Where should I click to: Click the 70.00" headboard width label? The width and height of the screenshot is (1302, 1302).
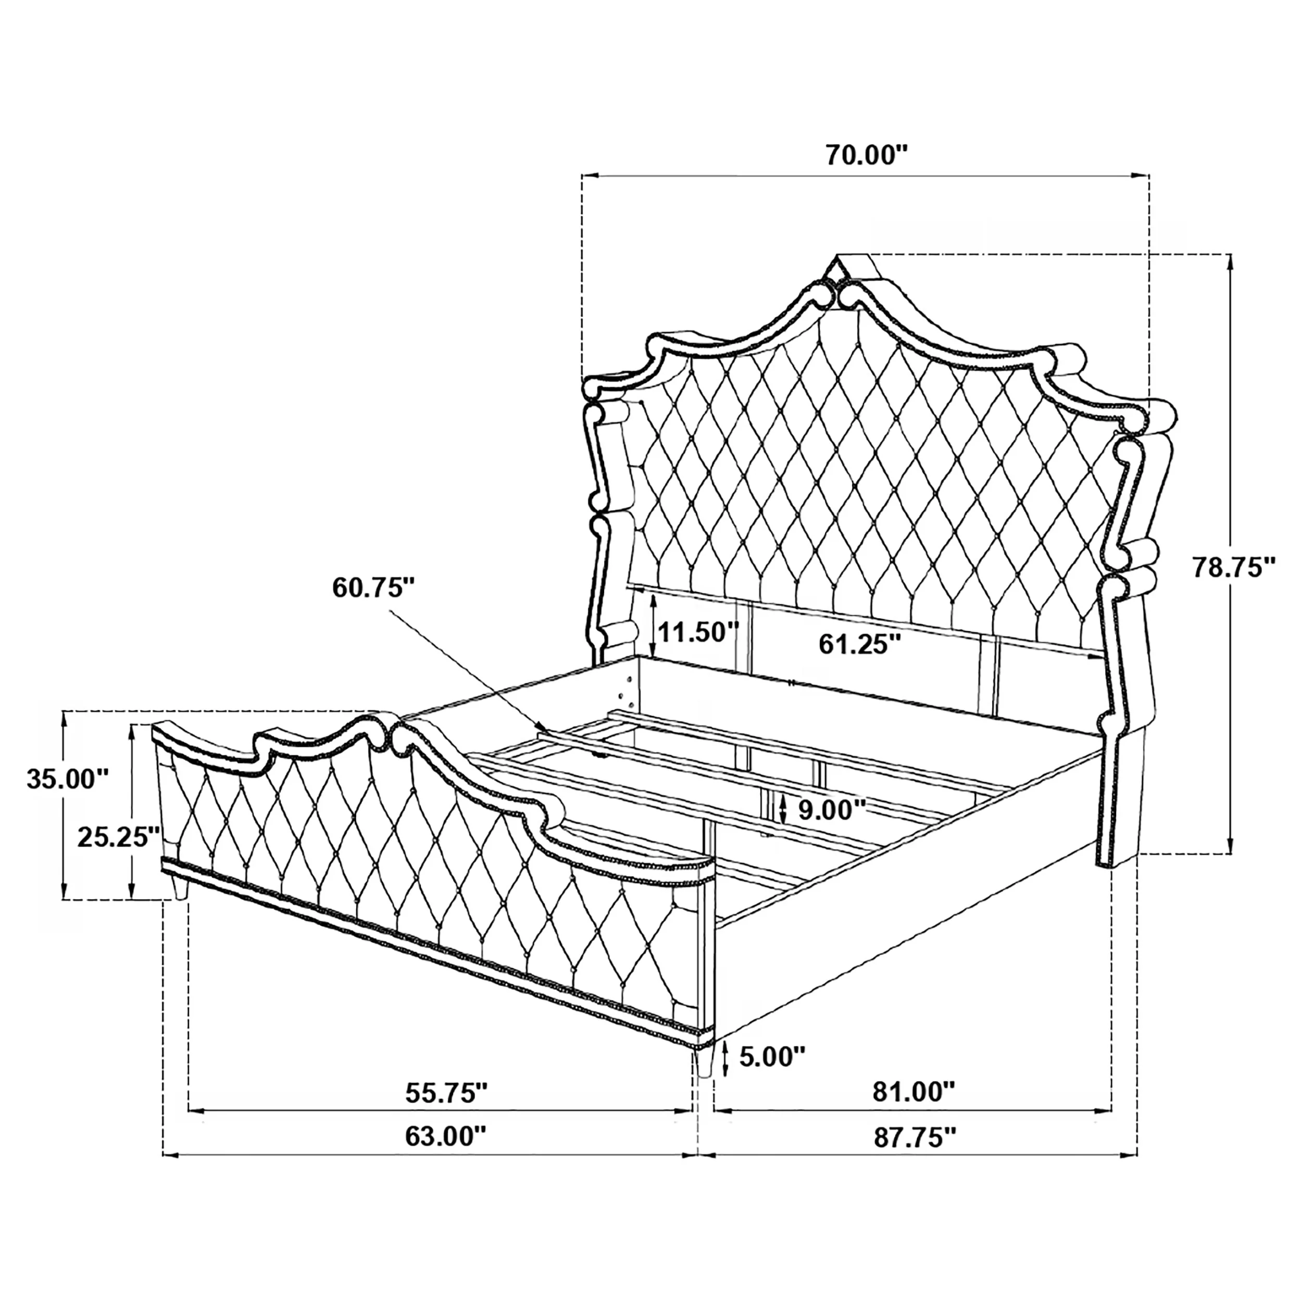(867, 156)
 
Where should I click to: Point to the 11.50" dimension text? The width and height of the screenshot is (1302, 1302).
(699, 632)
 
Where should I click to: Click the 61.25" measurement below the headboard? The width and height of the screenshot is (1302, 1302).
(860, 644)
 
